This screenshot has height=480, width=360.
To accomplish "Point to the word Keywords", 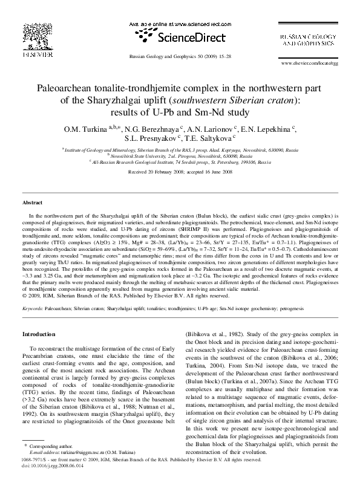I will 33,308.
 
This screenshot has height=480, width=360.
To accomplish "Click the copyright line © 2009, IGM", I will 127,296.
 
